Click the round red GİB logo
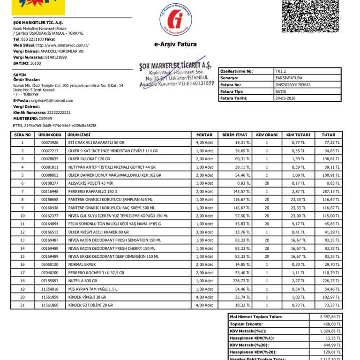pos(176,19)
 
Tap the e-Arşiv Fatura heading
pos(175,45)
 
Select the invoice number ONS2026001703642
pos(293,85)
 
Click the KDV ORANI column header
pos(267,135)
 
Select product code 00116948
pos(50,192)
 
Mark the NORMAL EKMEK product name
pos(83,264)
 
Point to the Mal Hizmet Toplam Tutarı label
pos(255,317)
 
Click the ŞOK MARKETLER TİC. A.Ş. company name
pos(37,22)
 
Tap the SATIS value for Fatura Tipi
pos(281,92)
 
